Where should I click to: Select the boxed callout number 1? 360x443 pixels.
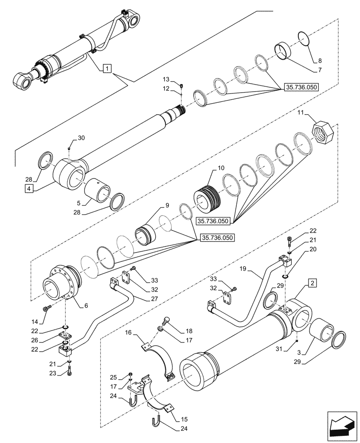107,68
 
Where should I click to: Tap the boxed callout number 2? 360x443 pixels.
312,282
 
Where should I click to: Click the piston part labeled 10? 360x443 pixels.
208,198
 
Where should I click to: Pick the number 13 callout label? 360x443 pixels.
166,79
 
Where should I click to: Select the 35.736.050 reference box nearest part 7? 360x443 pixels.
298,87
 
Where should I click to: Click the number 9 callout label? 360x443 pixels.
167,205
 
